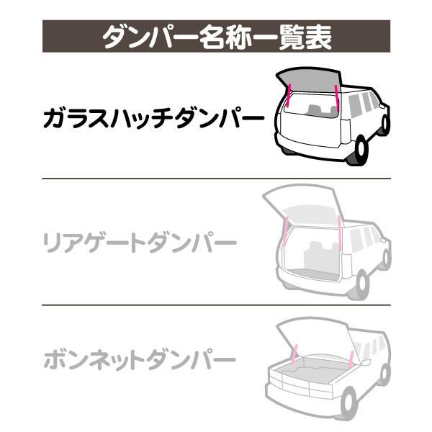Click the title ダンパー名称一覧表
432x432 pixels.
pos(217,37)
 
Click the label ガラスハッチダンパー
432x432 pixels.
pos(153,119)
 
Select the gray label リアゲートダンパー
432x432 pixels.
pos(140,243)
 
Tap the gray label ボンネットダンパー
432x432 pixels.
pos(140,360)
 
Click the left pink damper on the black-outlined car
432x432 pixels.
pos(288,95)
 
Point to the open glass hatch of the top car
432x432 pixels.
pos(309,80)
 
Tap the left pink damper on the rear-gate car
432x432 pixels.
pos(285,230)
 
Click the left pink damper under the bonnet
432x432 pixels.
pos(294,354)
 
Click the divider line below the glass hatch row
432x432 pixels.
pos(216,179)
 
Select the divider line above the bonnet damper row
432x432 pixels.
pos(216,305)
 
